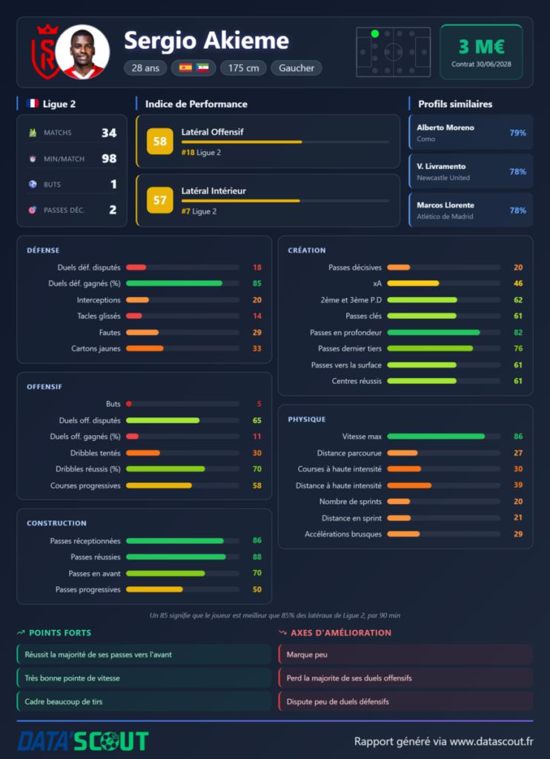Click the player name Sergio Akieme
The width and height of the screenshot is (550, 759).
click(206, 41)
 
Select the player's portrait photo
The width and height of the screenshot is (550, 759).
click(82, 53)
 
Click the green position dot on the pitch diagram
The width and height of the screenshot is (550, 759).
click(375, 34)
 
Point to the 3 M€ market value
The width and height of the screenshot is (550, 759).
click(481, 47)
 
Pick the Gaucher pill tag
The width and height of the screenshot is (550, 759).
click(296, 68)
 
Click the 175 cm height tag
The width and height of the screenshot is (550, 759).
click(244, 68)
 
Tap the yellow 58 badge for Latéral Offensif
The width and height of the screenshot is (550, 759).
click(160, 142)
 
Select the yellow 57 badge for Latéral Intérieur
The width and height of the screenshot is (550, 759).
click(160, 200)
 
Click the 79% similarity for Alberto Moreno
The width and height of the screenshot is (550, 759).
click(517, 133)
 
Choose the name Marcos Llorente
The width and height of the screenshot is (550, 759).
click(445, 205)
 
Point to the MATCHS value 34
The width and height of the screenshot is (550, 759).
click(109, 133)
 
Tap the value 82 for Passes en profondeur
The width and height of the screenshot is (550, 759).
click(518, 333)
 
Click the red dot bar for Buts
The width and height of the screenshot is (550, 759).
click(129, 404)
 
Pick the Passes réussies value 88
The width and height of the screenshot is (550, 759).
click(257, 557)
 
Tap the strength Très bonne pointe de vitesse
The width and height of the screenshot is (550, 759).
click(72, 678)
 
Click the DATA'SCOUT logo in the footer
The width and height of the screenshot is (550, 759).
click(83, 741)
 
